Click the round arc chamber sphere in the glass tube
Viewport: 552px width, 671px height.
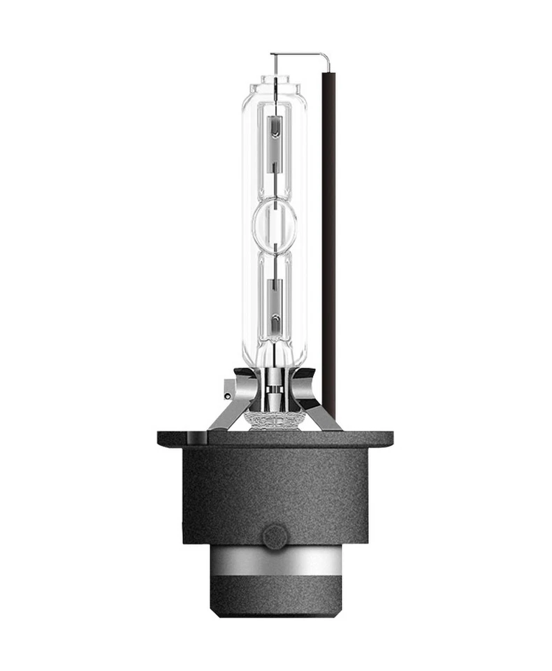(274, 223)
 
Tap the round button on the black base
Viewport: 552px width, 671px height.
(275, 536)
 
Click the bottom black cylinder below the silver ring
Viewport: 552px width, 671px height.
(275, 598)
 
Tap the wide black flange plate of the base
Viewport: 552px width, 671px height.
(275, 439)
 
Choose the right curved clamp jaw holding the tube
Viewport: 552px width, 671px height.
(305, 384)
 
